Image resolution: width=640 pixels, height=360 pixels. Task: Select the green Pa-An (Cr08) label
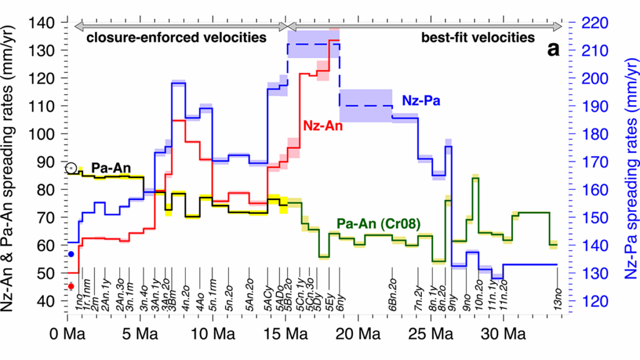coord(377,222)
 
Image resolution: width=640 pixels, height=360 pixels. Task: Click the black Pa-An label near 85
coord(110,168)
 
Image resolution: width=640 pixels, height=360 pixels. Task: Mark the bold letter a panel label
coord(553,50)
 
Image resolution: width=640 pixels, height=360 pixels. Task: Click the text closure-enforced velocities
coord(176,37)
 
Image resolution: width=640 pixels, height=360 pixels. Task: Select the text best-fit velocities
coord(477,37)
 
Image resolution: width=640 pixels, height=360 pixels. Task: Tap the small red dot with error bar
coord(71,286)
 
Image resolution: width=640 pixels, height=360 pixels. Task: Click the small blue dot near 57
coord(71,254)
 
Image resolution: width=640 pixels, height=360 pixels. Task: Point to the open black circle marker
coord(71,168)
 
